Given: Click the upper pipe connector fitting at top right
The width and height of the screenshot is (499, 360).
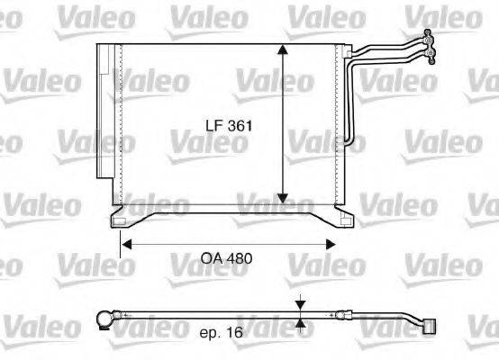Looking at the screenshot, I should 429,37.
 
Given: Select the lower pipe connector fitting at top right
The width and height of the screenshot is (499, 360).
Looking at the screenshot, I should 435,58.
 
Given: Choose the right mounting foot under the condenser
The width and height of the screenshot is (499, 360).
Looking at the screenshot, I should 342,219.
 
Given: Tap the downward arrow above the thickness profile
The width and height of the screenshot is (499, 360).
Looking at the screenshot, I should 300,305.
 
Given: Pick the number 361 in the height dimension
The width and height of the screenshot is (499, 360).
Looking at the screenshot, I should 239,128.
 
